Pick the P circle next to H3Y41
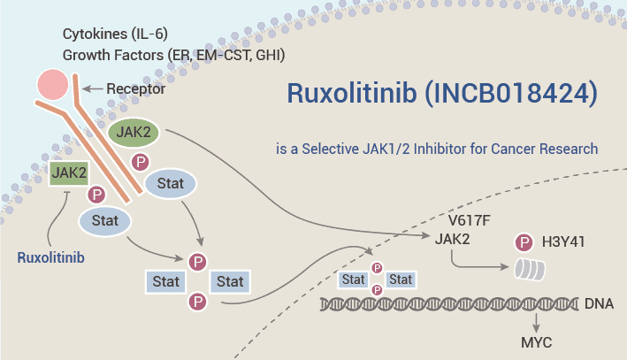pos(525,240)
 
